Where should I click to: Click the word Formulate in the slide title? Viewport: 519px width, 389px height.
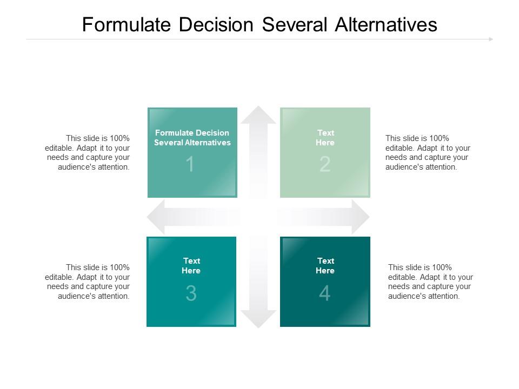coord(127,24)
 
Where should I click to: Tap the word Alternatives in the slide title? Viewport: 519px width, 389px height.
coord(386,24)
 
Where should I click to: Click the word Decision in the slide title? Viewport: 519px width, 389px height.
coord(216,24)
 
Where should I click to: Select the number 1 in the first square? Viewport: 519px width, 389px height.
coord(190,164)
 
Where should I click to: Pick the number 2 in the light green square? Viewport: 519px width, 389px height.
coord(325,164)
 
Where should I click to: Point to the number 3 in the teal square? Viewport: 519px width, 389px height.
coord(191,293)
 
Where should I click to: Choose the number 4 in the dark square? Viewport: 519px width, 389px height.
coord(325,293)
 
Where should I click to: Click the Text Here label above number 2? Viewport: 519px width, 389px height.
coord(325,138)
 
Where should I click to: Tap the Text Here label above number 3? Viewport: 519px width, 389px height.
coord(191,266)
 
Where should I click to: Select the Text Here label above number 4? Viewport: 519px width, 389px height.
coord(325,266)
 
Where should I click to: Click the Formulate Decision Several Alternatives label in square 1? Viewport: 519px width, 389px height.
coord(192,138)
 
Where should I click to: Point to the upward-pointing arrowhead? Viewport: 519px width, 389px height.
coord(258,115)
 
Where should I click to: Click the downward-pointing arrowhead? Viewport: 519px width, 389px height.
coord(258,319)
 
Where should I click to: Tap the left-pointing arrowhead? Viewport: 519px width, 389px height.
coord(156,217)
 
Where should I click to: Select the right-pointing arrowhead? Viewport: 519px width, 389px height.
coord(361,217)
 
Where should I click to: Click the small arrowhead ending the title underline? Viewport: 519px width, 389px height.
coord(491,39)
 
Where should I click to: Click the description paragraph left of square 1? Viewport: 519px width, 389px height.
coord(88,152)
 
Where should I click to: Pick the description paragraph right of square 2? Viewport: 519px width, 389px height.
coord(428,152)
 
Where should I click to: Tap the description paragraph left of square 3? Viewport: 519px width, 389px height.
coord(88,281)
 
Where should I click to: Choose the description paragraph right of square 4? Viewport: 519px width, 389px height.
coord(430,281)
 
